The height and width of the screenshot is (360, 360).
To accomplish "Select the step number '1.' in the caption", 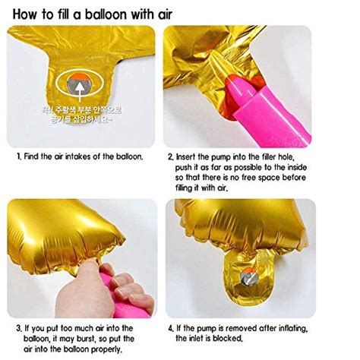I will click(x=19, y=156).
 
